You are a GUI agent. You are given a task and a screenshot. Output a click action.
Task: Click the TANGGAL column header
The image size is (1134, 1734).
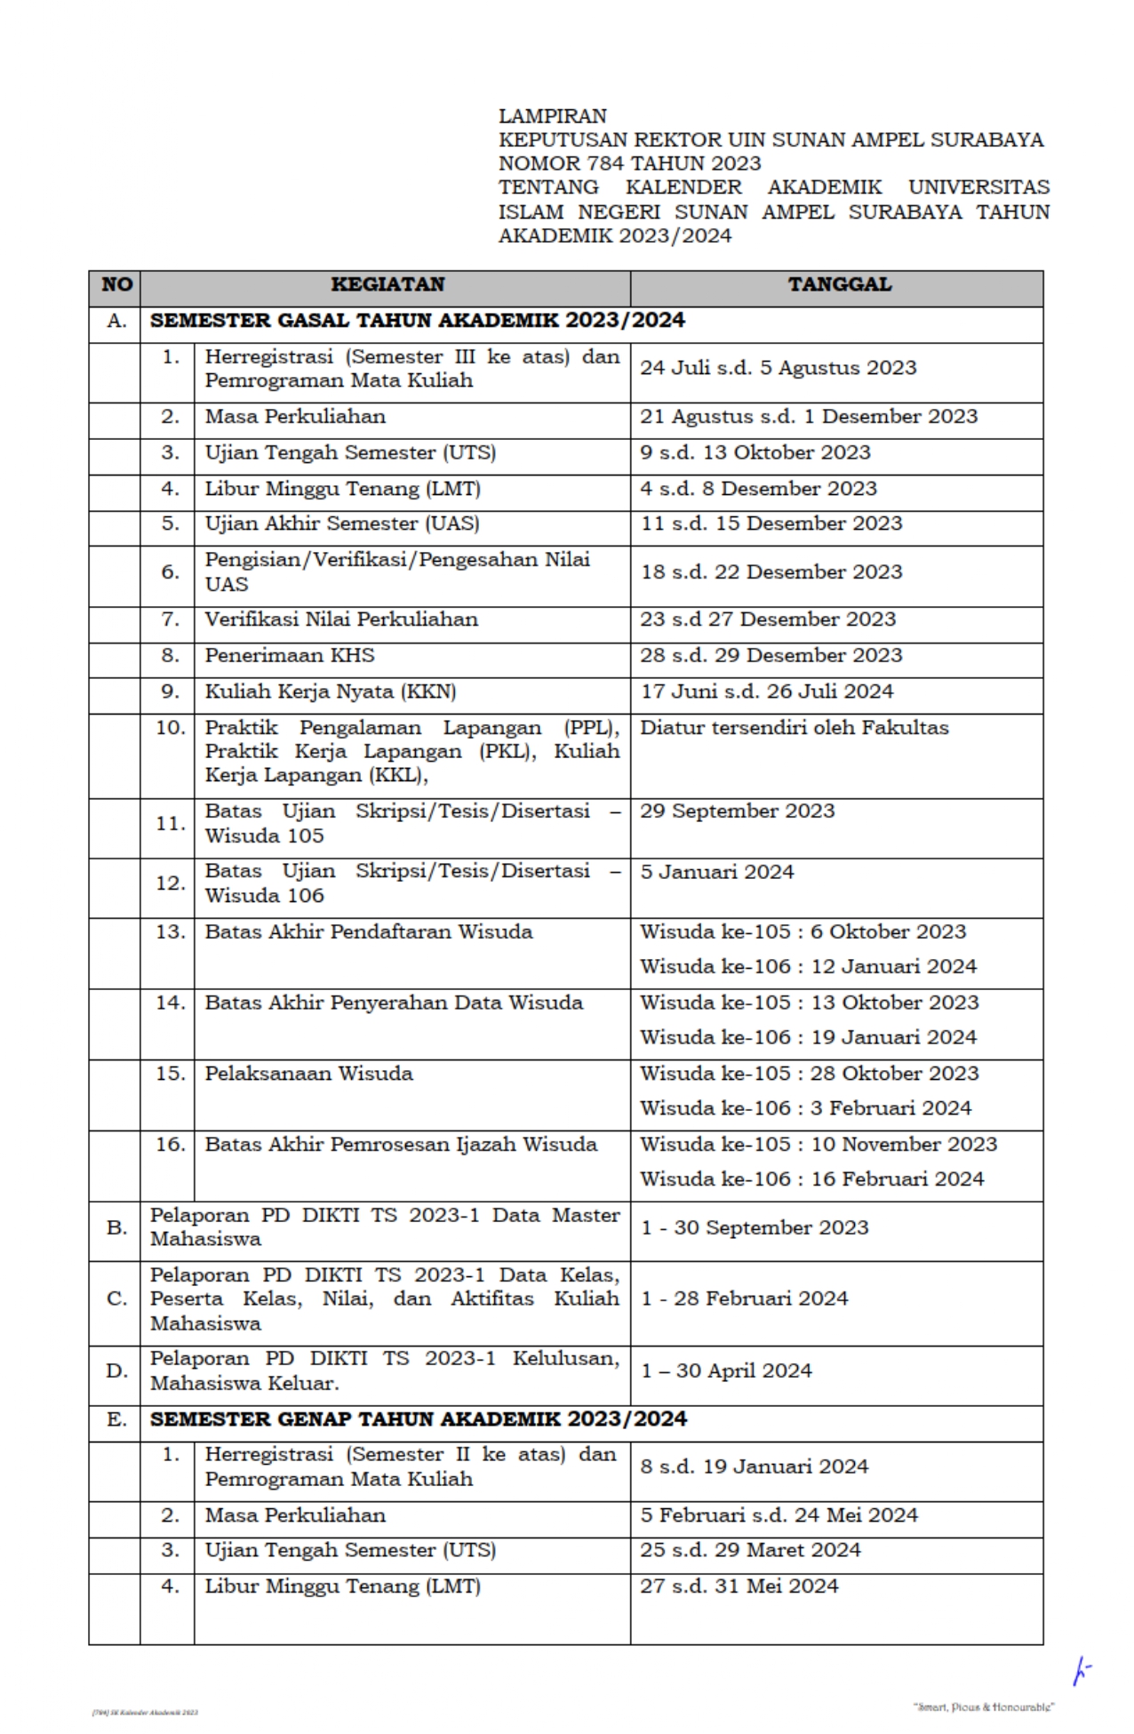(x=839, y=284)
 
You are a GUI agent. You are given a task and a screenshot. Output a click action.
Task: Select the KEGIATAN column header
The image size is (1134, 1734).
(x=387, y=284)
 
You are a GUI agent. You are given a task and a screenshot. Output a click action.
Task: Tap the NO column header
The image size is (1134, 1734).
(x=116, y=284)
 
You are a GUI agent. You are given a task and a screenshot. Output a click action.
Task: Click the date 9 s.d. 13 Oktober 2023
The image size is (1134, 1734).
(x=755, y=452)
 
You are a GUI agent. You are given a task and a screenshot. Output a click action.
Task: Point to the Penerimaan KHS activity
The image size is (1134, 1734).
(x=290, y=656)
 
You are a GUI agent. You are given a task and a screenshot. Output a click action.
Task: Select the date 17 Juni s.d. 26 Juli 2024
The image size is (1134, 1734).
(x=766, y=691)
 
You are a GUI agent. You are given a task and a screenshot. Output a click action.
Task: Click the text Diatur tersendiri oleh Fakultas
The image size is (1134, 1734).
(x=794, y=728)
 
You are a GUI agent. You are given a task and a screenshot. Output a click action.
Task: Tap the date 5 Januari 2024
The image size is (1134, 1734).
(x=716, y=872)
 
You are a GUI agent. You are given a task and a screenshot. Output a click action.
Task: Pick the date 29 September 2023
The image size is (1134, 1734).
(x=737, y=811)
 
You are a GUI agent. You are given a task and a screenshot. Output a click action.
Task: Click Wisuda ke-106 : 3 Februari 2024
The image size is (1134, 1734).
(x=805, y=1108)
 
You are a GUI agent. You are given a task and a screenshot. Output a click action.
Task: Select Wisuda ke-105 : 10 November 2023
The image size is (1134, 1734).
(x=818, y=1145)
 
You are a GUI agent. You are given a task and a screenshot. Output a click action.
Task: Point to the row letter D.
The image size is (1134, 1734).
(x=116, y=1371)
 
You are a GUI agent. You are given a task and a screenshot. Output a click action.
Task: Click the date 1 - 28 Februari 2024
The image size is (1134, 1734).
(x=744, y=1299)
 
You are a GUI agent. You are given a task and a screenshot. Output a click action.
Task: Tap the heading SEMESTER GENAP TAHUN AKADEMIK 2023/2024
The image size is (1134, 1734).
(x=418, y=1419)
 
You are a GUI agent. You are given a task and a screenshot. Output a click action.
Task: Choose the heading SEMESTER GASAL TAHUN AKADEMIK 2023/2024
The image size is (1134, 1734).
(x=417, y=321)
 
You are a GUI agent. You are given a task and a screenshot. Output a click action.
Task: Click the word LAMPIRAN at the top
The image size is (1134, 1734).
(x=552, y=116)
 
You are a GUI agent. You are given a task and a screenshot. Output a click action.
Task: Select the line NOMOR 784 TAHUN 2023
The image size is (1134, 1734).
(x=629, y=164)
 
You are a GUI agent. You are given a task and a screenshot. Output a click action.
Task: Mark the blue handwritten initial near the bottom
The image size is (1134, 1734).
(x=1081, y=1671)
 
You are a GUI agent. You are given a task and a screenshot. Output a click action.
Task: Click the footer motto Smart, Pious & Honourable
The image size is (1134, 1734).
(x=983, y=1707)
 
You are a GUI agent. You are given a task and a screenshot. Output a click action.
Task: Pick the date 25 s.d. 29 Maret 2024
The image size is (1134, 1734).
(x=750, y=1550)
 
